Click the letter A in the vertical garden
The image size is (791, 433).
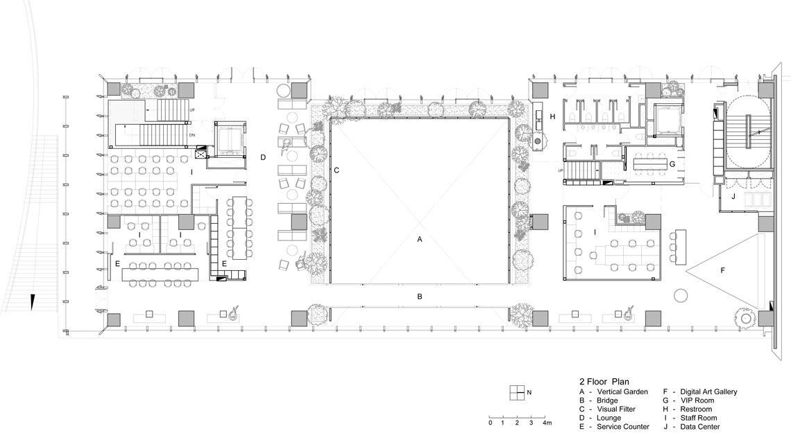tap(419, 240)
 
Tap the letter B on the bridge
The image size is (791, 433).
tap(420, 297)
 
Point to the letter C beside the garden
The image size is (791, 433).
tap(337, 170)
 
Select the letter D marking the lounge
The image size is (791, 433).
tap(263, 157)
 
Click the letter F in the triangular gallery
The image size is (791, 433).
tap(722, 271)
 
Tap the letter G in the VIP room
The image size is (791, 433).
tap(672, 164)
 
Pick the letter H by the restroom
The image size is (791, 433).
tap(552, 117)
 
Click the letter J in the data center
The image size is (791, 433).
tap(733, 196)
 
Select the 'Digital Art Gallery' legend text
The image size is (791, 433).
tap(708, 391)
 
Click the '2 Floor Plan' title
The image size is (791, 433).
tap(604, 382)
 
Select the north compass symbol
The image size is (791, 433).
tap(517, 393)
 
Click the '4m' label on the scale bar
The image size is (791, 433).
tap(547, 423)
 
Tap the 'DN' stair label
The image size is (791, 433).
tap(192, 135)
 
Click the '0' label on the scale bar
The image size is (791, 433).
tap(490, 423)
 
